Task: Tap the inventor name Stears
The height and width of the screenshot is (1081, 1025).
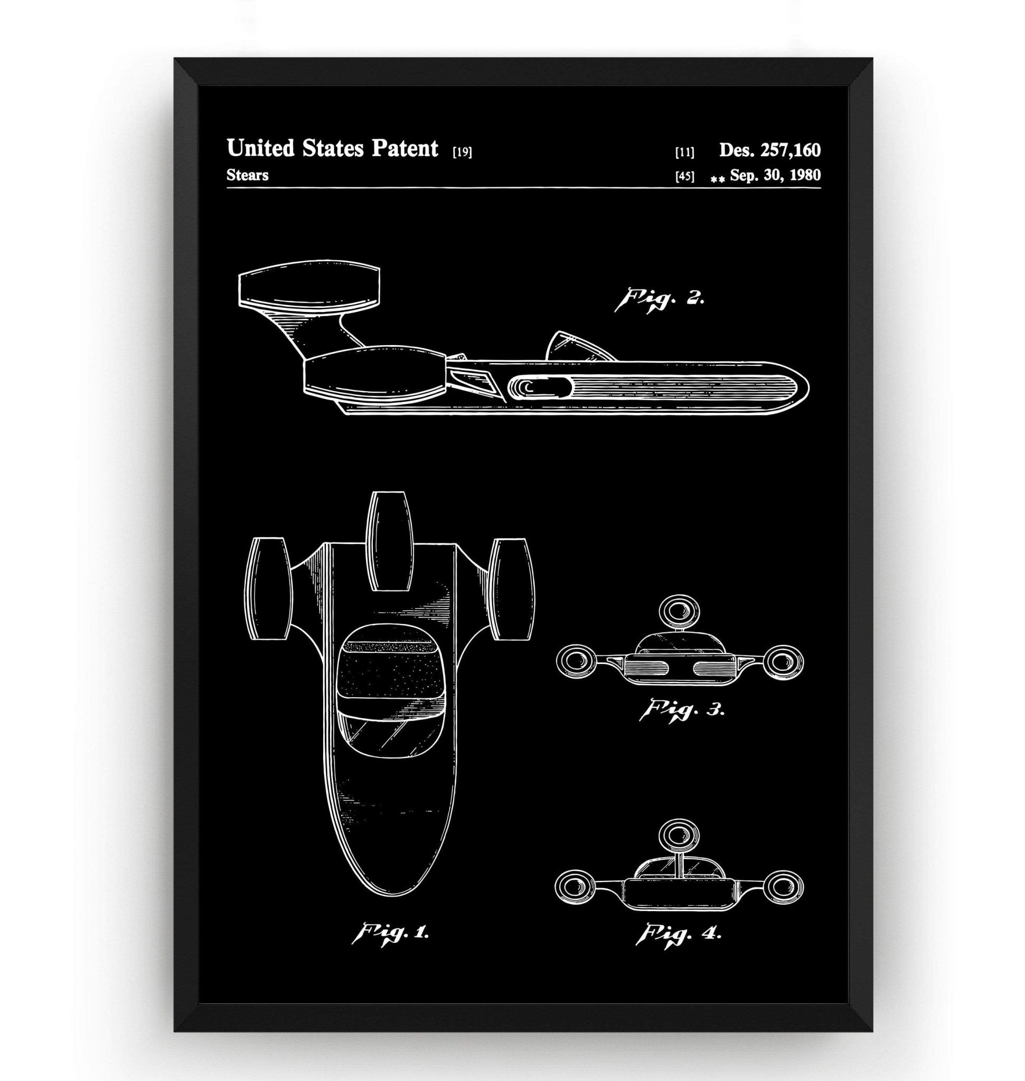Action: point(247,175)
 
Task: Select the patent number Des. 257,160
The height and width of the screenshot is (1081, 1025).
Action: point(769,150)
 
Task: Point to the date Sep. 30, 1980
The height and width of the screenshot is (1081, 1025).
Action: point(775,175)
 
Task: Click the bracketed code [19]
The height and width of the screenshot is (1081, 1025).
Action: point(462,153)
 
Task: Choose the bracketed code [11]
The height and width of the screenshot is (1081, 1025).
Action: point(684,153)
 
